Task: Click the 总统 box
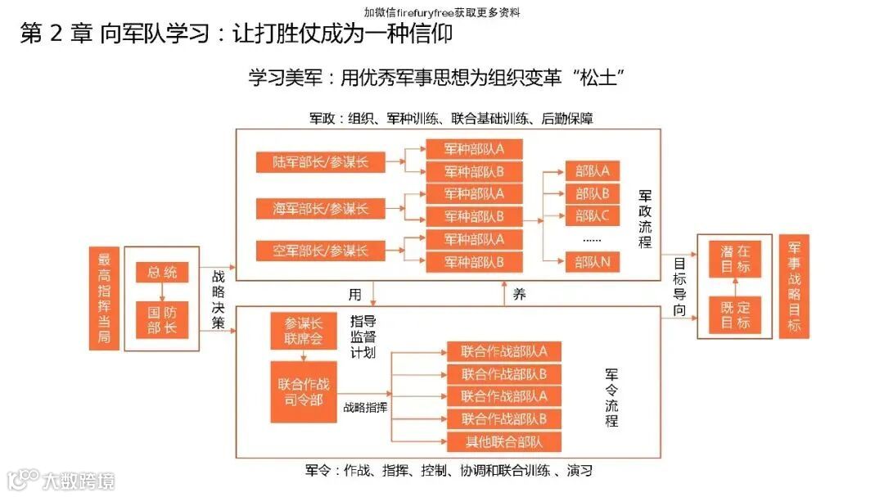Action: point(162,273)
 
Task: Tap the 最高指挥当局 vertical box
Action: point(104,298)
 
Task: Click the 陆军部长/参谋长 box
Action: point(321,162)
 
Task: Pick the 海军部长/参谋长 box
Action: point(321,208)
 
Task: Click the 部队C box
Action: point(592,216)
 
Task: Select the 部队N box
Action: point(592,262)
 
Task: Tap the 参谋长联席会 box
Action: point(303,332)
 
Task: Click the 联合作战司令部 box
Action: point(303,391)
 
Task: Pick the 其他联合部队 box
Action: point(503,442)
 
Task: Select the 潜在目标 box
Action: point(735,260)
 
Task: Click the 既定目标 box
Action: point(735,314)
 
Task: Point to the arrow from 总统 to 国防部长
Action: point(162,292)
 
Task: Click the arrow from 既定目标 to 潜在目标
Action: point(735,287)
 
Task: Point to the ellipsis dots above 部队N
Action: point(592,240)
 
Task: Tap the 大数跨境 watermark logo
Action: point(61,480)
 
